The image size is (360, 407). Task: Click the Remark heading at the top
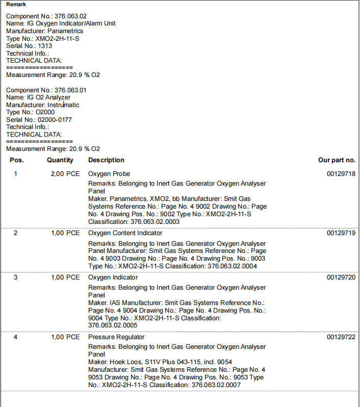pos(16,5)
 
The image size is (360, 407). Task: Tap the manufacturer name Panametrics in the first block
pos(62,31)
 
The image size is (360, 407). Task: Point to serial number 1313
pos(44,46)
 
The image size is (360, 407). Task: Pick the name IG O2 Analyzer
pos(48,97)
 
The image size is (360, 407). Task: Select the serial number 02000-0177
pos(55,120)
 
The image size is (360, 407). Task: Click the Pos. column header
pos(17,160)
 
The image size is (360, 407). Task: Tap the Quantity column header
pos(60,160)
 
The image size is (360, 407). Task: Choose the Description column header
pos(106,160)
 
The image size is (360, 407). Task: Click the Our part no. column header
pos(337,160)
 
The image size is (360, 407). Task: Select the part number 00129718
pos(341,174)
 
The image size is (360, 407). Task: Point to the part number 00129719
pos(341,233)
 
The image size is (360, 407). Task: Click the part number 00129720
pos(341,277)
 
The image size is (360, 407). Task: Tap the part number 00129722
pos(341,337)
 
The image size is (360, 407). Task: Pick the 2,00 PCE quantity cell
pos(65,174)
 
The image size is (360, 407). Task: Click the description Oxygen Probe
pos(109,174)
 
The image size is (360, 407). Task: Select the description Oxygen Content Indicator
pos(125,233)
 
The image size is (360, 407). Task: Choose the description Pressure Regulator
pos(116,337)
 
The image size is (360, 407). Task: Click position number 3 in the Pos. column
pos(15,277)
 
